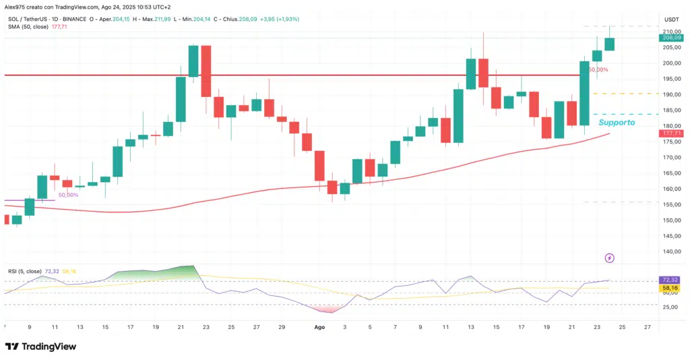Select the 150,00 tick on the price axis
(x=670, y=220)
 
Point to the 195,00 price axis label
(x=670, y=79)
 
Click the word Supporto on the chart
(x=617, y=123)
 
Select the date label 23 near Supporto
(x=596, y=326)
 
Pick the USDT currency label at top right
(x=671, y=19)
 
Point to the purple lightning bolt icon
(x=610, y=258)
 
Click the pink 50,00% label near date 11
(x=68, y=195)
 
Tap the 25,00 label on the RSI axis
(x=670, y=307)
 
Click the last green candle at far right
(x=609, y=43)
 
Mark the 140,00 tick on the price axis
(x=670, y=251)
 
